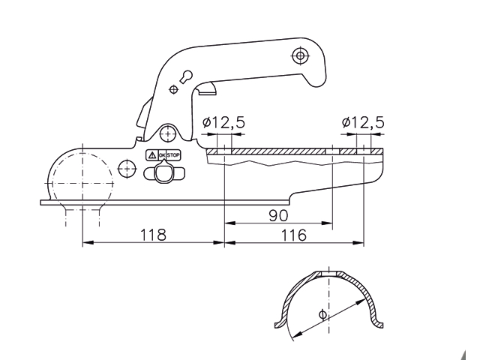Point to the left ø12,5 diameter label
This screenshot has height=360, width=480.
223,121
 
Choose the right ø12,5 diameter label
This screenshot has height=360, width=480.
362,121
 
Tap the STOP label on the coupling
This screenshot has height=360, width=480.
174,154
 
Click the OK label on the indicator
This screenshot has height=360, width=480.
160,154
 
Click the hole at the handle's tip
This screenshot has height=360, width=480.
301,55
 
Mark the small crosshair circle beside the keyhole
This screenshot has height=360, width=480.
174,89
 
